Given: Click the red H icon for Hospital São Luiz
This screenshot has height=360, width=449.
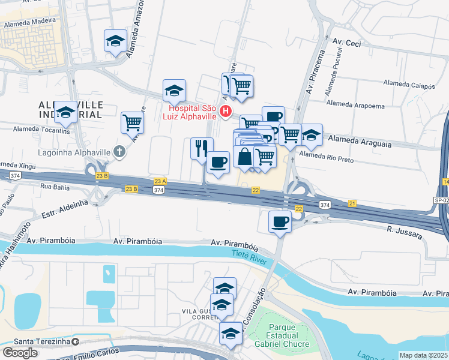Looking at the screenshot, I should pyautogui.click(x=226, y=111).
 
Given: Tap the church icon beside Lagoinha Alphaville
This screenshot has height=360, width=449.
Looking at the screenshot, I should pyautogui.click(x=119, y=151).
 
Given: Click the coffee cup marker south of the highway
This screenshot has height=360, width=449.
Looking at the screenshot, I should pyautogui.click(x=279, y=221).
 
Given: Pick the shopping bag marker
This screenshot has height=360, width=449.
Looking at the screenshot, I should pyautogui.click(x=245, y=157).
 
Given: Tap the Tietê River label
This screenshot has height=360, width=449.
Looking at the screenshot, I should pyautogui.click(x=249, y=255).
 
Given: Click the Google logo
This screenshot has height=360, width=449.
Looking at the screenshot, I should pyautogui.click(x=20, y=352).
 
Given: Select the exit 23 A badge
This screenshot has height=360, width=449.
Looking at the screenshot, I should pyautogui.click(x=160, y=181).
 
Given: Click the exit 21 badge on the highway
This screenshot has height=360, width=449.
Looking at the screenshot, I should pyautogui.click(x=352, y=204).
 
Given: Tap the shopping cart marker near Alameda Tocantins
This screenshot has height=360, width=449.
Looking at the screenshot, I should pyautogui.click(x=132, y=122).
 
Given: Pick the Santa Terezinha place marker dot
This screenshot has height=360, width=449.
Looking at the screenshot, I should pyautogui.click(x=76, y=342).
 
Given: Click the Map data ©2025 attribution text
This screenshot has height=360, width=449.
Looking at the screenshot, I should pyautogui.click(x=423, y=355).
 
